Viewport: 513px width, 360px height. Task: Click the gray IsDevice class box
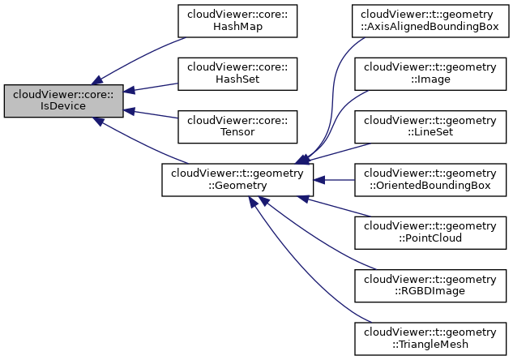point(63,101)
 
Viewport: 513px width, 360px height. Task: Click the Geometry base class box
point(237,180)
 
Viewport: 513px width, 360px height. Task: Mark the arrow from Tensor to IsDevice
point(154,114)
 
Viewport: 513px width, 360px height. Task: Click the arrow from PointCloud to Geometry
point(332,207)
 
